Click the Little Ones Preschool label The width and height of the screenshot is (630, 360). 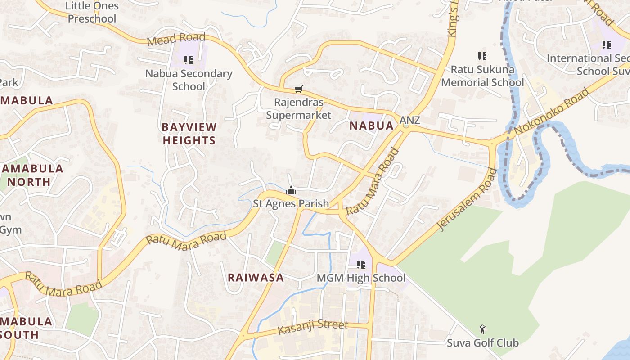(x=92, y=12)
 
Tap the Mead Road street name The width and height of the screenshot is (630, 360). (x=176, y=39)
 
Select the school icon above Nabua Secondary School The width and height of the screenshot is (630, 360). (x=189, y=60)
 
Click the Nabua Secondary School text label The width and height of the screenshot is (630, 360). (x=189, y=80)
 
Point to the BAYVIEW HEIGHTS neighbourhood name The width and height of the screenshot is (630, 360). (x=189, y=134)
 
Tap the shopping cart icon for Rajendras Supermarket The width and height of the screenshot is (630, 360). (x=298, y=89)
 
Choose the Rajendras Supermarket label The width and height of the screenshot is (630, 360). (x=298, y=109)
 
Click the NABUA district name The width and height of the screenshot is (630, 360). (x=371, y=126)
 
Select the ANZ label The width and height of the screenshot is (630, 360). (x=409, y=120)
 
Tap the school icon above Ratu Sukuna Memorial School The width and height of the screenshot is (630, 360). (x=482, y=56)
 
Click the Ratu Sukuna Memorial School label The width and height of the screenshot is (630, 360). (x=482, y=76)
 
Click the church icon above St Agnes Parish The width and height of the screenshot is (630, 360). (x=291, y=191)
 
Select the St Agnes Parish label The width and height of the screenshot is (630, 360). (x=291, y=204)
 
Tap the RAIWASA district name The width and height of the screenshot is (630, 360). (x=256, y=278)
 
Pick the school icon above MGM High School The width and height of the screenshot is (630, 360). (x=361, y=265)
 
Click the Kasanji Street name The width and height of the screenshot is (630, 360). (x=313, y=328)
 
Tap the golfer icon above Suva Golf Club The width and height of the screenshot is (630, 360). (x=482, y=330)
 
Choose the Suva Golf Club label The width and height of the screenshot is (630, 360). (x=482, y=343)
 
